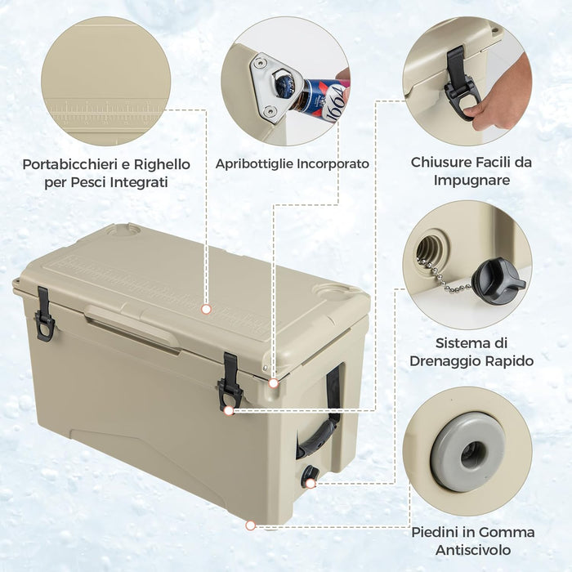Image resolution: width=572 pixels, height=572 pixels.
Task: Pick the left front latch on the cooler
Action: (x=44, y=315)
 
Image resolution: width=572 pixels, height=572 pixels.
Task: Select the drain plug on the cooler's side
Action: (x=310, y=476)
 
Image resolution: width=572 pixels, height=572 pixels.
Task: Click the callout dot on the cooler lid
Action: (x=206, y=310)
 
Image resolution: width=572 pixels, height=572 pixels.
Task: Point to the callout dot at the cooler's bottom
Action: (x=250, y=525)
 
